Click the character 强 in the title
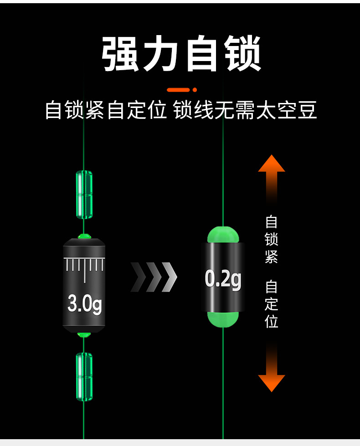(121, 54)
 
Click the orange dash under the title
(178, 90)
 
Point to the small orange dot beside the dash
(195, 90)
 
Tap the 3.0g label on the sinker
(84, 303)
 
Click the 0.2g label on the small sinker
(223, 279)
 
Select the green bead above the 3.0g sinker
(84, 195)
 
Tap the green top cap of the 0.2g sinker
(223, 235)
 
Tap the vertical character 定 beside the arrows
(272, 304)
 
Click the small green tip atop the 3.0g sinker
(84, 236)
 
